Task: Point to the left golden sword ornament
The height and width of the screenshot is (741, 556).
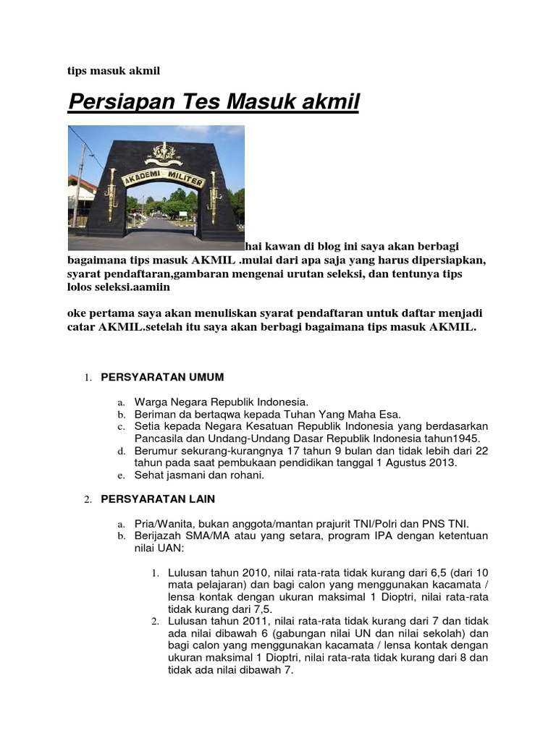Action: pos(111,194)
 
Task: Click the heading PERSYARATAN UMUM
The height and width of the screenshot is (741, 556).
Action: pos(162,377)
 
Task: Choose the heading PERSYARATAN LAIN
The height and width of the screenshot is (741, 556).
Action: pos(158,499)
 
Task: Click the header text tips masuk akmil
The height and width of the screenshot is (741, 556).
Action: pos(113,70)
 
